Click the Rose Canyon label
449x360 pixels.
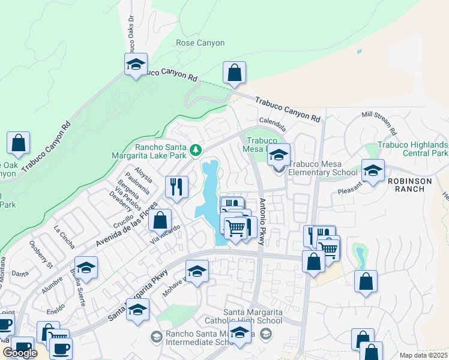tap(200, 43)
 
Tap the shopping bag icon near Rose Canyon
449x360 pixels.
tap(234, 73)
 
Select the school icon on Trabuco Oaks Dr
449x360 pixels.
tap(136, 64)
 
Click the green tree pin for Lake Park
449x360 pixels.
tap(195, 149)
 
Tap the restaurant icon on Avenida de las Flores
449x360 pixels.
tap(176, 187)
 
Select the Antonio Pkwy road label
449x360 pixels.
tap(261, 223)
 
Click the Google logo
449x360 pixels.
tap(20, 353)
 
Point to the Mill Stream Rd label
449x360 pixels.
tap(381, 122)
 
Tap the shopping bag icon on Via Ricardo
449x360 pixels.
tap(160, 220)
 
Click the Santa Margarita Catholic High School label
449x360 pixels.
tap(252, 316)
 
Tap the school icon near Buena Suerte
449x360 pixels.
tap(86, 268)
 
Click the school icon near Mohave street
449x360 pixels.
tap(196, 272)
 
